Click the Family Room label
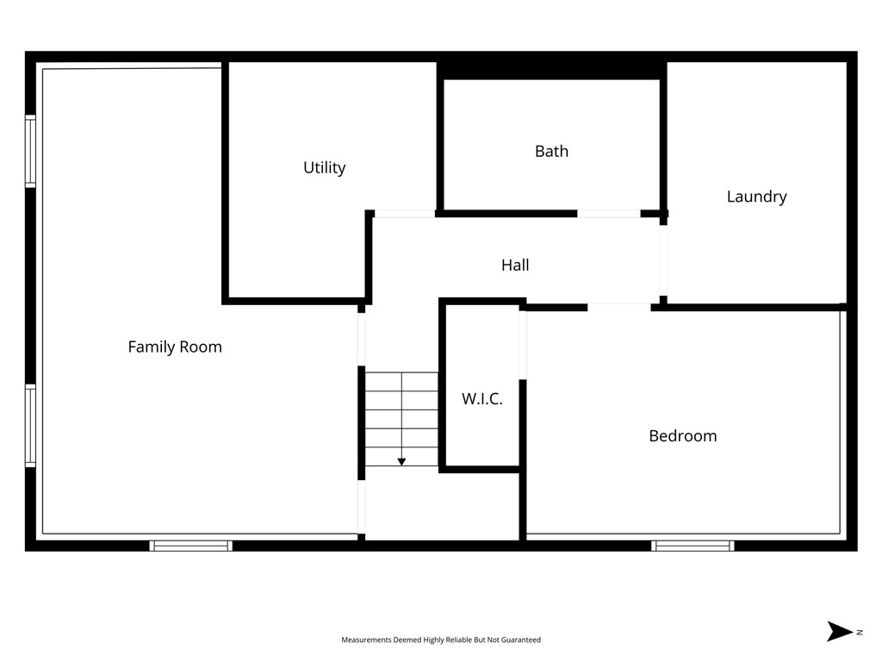pyautogui.click(x=175, y=347)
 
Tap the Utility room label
pyautogui.click(x=324, y=167)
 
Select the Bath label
pyautogui.click(x=551, y=151)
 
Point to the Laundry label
pyautogui.click(x=756, y=197)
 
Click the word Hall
pyautogui.click(x=515, y=265)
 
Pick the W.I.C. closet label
pyautogui.click(x=481, y=399)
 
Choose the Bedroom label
pyautogui.click(x=682, y=436)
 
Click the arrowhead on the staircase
pyautogui.click(x=401, y=463)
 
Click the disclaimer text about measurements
pyautogui.click(x=441, y=640)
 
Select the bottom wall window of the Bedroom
pyautogui.click(x=693, y=546)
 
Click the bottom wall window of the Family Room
pyautogui.click(x=190, y=546)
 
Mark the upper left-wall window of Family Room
pyautogui.click(x=30, y=151)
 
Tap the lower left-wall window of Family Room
pyautogui.click(x=30, y=426)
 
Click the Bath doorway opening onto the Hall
pyautogui.click(x=608, y=213)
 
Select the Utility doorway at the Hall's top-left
pyautogui.click(x=404, y=213)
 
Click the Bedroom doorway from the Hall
pyautogui.click(x=619, y=306)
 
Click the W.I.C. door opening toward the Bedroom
pyautogui.click(x=522, y=344)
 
